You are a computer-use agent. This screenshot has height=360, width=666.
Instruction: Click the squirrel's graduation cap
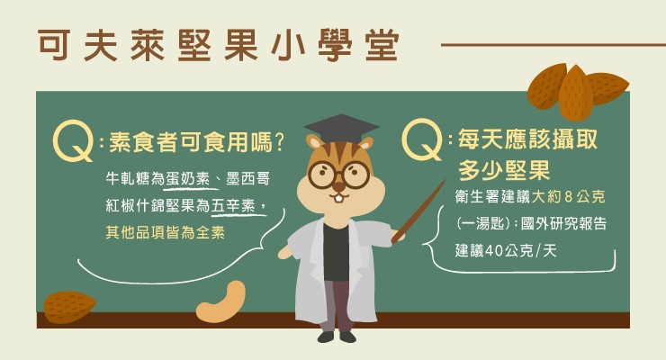pyautogui.click(x=341, y=129)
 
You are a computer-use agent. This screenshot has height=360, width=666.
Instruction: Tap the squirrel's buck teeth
pyautogui.click(x=338, y=199)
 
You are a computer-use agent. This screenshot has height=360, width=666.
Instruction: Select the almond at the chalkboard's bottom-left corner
pyautogui.click(x=69, y=307)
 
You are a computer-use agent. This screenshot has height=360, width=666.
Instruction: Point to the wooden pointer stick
pyautogui.click(x=418, y=211)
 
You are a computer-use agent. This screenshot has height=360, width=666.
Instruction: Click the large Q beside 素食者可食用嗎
pyautogui.click(x=73, y=141)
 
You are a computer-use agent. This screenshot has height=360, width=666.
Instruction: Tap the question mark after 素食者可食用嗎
pyautogui.click(x=279, y=142)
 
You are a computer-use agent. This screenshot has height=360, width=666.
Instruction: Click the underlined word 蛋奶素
pyautogui.click(x=188, y=179)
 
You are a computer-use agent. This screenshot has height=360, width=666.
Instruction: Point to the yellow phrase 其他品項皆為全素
pyautogui.click(x=166, y=232)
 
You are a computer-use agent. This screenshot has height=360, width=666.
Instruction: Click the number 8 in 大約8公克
pyautogui.click(x=569, y=196)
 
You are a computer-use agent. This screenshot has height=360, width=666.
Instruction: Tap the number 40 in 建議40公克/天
pyautogui.click(x=494, y=251)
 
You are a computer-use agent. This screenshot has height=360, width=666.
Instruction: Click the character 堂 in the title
pyautogui.click(x=382, y=45)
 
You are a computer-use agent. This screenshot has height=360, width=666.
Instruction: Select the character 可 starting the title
pyautogui.click(x=54, y=45)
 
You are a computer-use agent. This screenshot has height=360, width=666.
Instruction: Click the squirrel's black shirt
pyautogui.click(x=336, y=251)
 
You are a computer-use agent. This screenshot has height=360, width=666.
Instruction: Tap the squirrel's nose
pyautogui.click(x=339, y=186)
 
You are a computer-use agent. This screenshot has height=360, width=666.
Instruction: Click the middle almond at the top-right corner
pyautogui.click(x=575, y=94)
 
